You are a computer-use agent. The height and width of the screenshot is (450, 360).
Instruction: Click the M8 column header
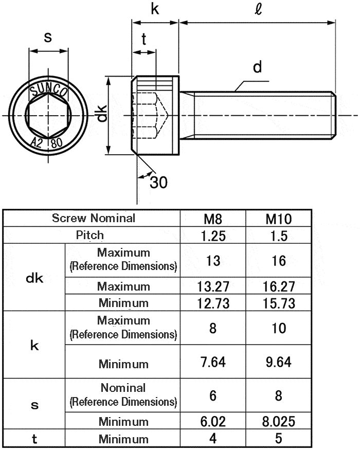tap(213, 219)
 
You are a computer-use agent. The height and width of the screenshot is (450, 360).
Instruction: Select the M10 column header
tap(279, 219)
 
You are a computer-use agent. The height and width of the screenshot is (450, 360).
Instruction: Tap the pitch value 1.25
tap(213, 236)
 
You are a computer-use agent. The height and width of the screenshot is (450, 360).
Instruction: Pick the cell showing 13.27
tap(213, 286)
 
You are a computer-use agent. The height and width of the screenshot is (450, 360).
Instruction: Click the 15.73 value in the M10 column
tap(279, 303)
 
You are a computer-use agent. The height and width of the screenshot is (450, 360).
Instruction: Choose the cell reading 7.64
tap(213, 362)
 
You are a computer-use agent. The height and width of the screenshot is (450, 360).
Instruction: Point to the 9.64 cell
tap(279, 362)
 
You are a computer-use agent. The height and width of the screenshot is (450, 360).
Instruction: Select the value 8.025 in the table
tap(279, 422)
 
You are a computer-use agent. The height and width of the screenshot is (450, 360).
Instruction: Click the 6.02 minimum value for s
tap(213, 422)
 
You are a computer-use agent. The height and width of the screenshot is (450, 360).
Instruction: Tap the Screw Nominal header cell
tap(94, 218)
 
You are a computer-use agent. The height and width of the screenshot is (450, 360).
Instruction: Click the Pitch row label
tap(90, 236)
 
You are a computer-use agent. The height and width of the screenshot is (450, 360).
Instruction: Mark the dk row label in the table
tap(34, 278)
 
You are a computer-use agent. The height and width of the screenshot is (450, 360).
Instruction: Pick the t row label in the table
tap(34, 439)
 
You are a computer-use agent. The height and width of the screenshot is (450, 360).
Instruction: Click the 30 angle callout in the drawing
tap(158, 182)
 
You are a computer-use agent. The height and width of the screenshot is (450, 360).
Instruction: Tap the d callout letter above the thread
tap(258, 67)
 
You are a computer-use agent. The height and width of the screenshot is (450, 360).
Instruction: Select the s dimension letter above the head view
tap(48, 38)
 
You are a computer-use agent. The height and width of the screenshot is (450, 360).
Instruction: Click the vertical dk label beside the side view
tap(102, 115)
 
